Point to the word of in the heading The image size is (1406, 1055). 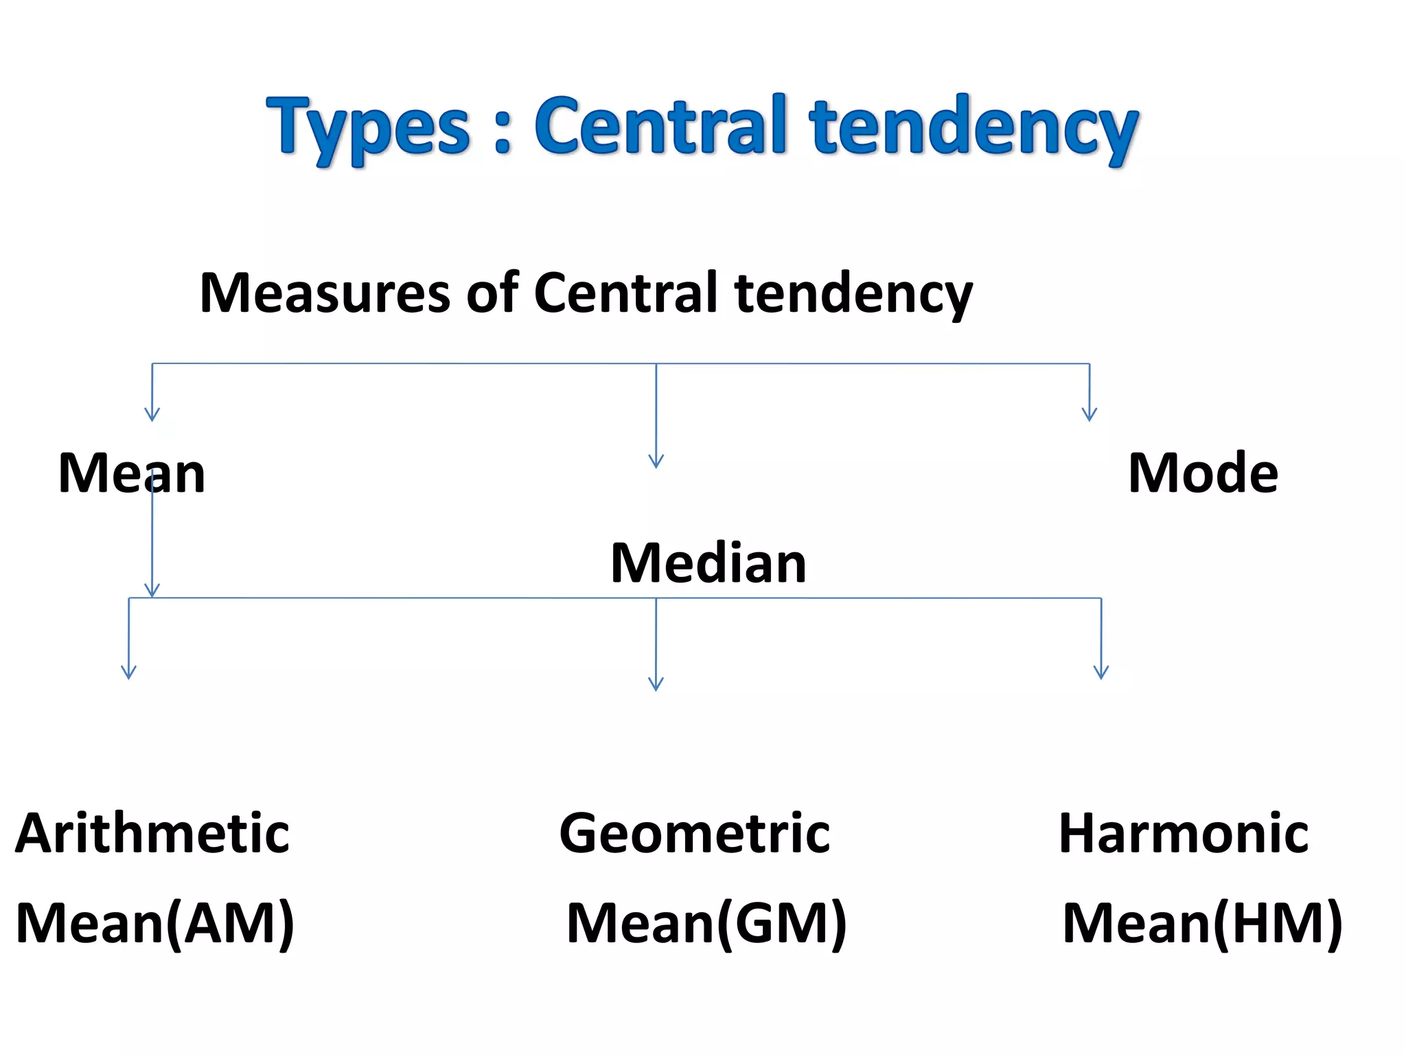492,293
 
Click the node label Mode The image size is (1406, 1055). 1203,473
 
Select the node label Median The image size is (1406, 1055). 708,563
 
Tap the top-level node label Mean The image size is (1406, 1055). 132,473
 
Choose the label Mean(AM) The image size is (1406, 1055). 155,924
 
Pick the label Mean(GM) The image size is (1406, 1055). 707,924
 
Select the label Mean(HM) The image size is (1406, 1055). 1202,924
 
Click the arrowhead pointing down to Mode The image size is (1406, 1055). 1090,415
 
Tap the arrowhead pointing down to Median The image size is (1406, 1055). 656,462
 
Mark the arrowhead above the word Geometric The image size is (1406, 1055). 656,684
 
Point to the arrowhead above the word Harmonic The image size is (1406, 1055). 1101,672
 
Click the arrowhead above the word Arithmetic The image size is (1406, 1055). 128,672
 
